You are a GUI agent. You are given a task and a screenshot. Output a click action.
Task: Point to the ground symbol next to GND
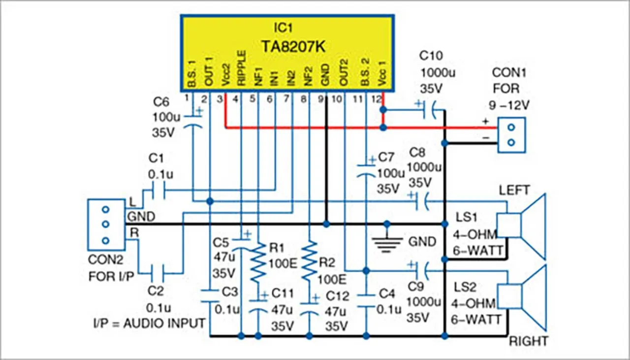pyautogui.click(x=386, y=241)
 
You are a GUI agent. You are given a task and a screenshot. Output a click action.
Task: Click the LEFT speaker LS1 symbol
pyautogui.click(x=522, y=226)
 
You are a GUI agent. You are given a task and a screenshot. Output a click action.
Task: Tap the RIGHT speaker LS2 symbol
pyautogui.click(x=522, y=297)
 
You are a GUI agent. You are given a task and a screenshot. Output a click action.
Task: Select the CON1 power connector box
pyautogui.click(x=511, y=135)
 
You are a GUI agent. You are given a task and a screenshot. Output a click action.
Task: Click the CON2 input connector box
pyautogui.click(x=105, y=224)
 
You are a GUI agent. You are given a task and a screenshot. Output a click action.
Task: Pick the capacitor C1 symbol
pyautogui.click(x=158, y=189)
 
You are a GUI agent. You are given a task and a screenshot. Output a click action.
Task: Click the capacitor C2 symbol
pyautogui.click(x=158, y=270)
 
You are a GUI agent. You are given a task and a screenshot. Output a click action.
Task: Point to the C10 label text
pyautogui.click(x=431, y=56)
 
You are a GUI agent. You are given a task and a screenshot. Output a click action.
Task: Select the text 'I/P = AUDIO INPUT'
pyautogui.click(x=149, y=323)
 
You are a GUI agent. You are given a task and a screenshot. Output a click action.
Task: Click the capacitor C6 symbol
pyautogui.click(x=192, y=120)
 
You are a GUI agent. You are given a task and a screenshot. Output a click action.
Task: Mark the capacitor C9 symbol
pyautogui.click(x=420, y=270)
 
